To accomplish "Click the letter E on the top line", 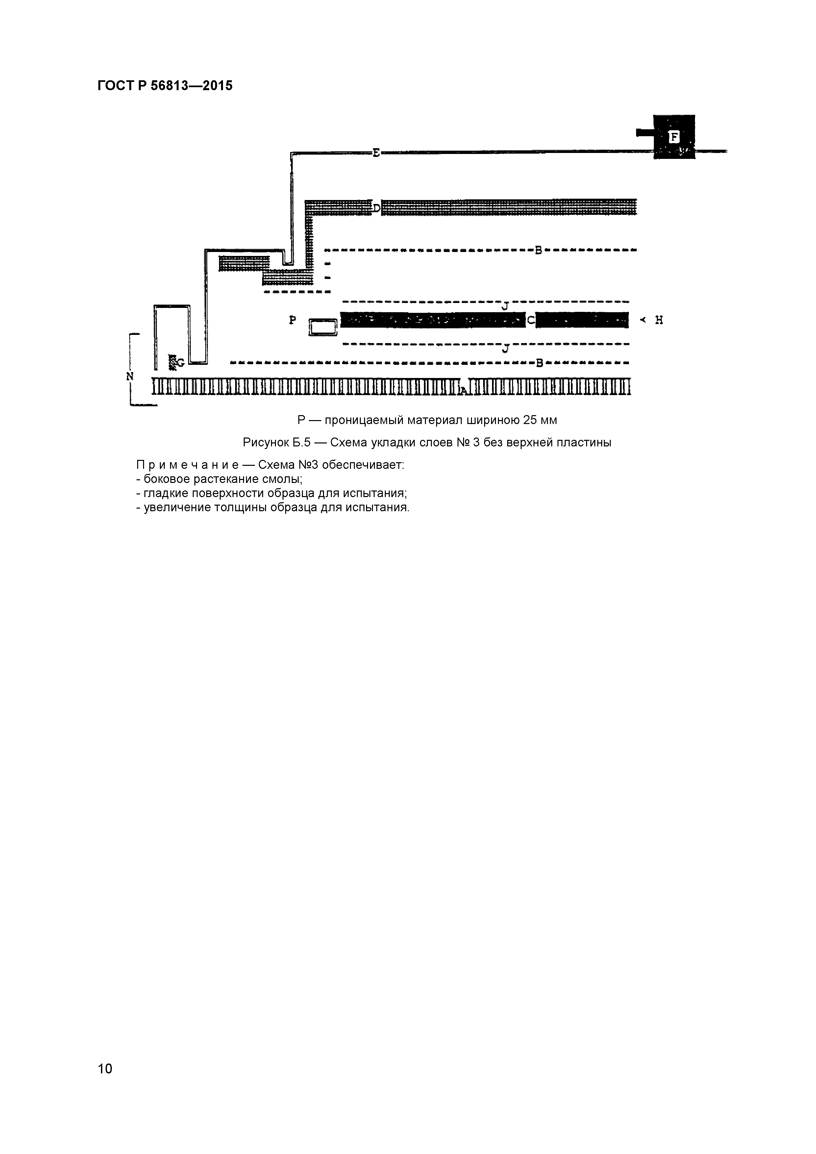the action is pos(376,152).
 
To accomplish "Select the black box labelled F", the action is pos(674,137).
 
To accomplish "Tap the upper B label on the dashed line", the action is pos(538,250).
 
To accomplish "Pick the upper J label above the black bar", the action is pos(506,306).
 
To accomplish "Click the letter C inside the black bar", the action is pos(531,320).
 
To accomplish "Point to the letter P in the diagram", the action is pos(292,320).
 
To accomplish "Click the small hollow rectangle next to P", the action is pos(323,328).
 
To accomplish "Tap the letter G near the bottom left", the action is pos(180,362).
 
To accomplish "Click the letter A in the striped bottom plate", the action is pos(463,389).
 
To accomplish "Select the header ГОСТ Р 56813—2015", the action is pos(165,86).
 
